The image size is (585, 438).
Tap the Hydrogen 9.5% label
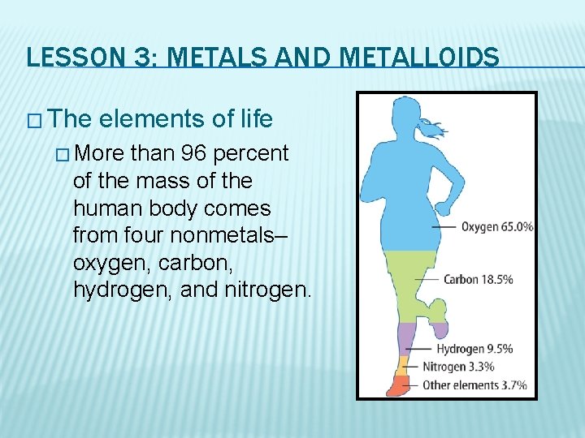474,350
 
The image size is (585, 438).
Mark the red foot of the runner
397,385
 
